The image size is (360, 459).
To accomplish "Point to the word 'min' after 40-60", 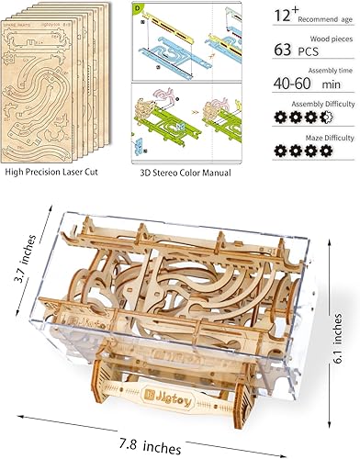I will tap(326, 111).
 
